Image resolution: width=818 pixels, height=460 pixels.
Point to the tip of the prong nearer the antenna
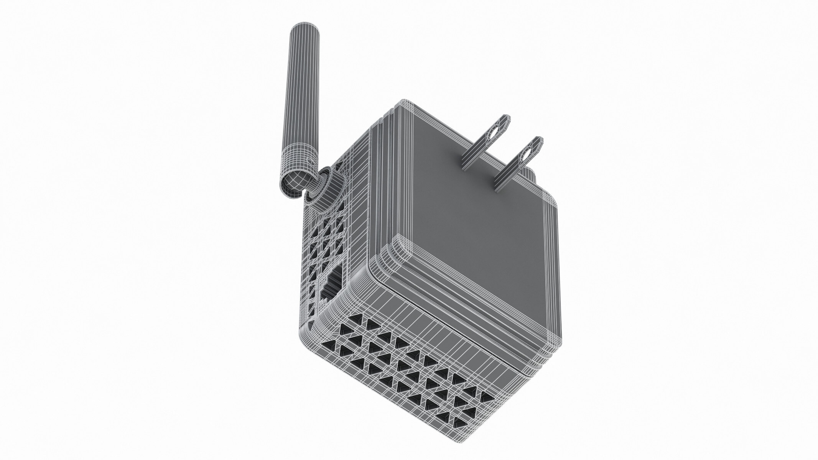point(505,117)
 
